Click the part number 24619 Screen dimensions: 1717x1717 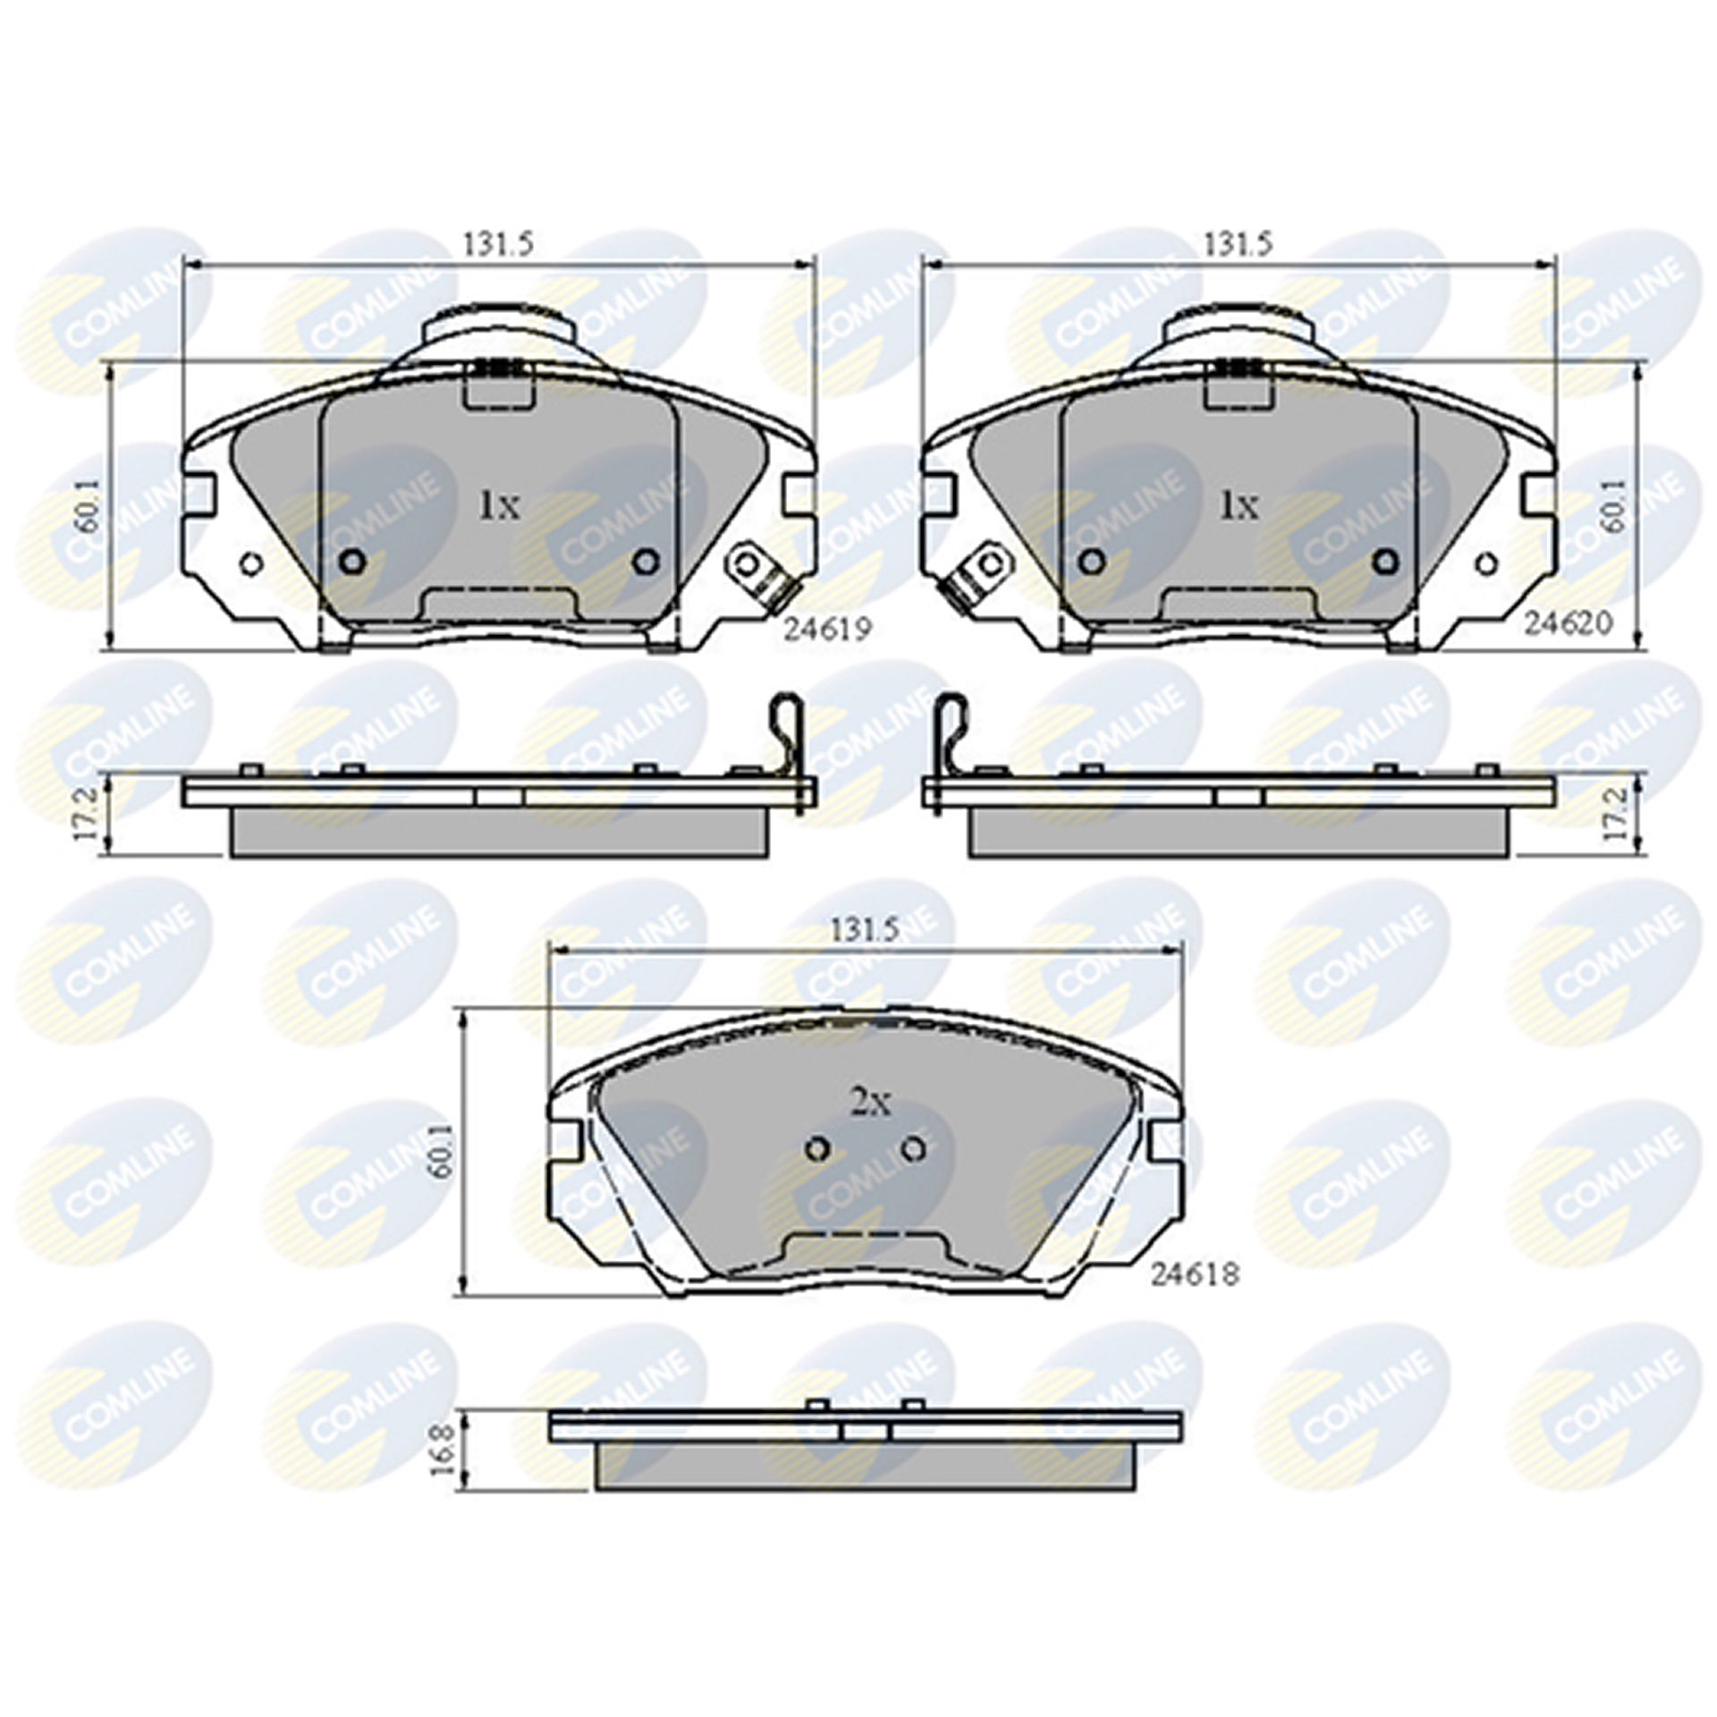[826, 630]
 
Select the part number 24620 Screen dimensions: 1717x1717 [1568, 623]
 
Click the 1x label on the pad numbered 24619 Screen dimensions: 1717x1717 [499, 507]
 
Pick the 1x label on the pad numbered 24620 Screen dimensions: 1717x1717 [1239, 507]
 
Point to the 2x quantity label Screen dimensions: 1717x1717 [870, 1106]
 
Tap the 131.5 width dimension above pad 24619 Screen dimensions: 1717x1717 [498, 243]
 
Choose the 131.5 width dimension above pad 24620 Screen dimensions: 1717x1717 [1239, 243]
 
